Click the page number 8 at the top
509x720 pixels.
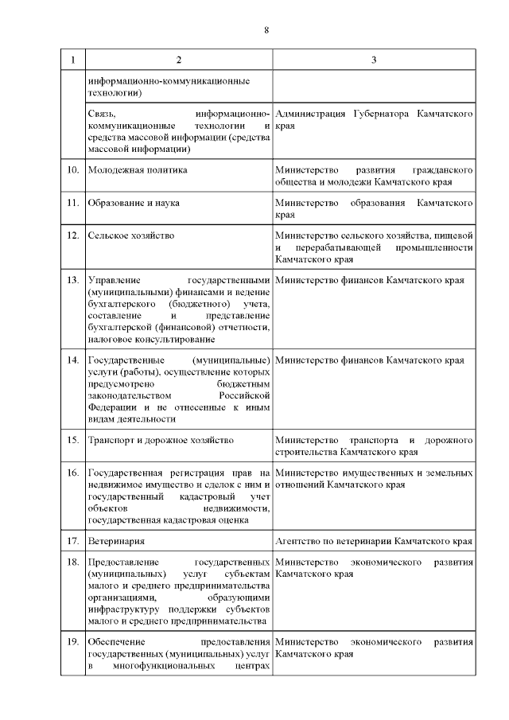pyautogui.click(x=266, y=30)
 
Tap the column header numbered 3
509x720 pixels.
pyautogui.click(x=373, y=60)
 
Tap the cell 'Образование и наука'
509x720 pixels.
pyautogui.click(x=134, y=203)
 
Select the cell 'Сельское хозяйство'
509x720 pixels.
pyautogui.click(x=131, y=235)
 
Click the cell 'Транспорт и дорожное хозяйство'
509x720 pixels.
pyautogui.click(x=161, y=440)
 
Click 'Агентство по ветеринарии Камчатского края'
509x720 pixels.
pyautogui.click(x=373, y=541)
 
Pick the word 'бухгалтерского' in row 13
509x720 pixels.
pyautogui.click(x=122, y=305)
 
